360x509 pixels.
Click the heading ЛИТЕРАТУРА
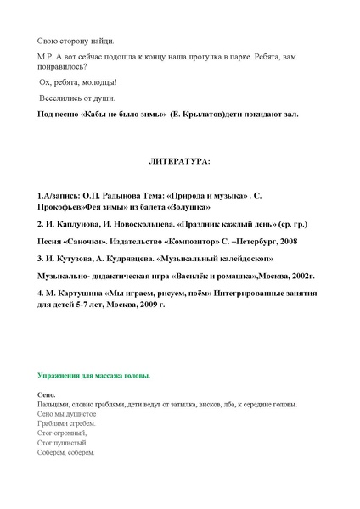point(178,160)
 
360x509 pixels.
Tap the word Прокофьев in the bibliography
point(64,207)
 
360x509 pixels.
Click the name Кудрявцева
point(132,257)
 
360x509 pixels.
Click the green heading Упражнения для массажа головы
point(94,374)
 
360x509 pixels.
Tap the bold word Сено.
point(47,395)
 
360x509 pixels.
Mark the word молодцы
point(98,81)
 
